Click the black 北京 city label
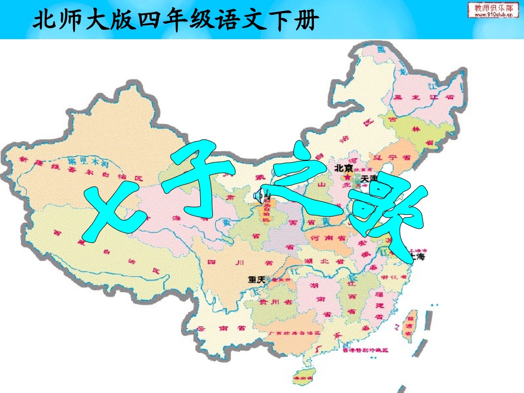click(x=344, y=169)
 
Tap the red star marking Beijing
click(x=347, y=177)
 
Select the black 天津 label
click(x=368, y=179)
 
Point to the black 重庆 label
click(x=256, y=279)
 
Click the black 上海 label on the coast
click(x=418, y=257)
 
